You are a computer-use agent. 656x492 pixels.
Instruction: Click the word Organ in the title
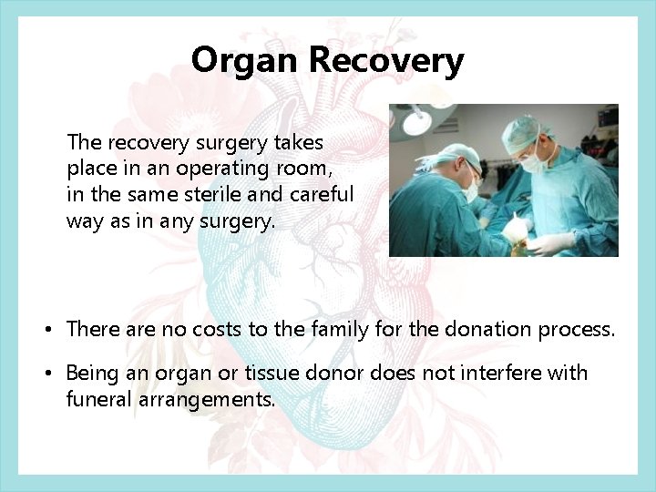246,61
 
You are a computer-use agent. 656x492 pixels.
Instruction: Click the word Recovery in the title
386,61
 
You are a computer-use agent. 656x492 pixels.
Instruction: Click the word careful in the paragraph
322,194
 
